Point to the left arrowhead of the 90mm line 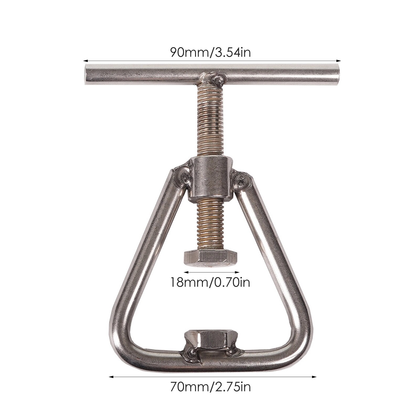pyautogui.click(x=84, y=60)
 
